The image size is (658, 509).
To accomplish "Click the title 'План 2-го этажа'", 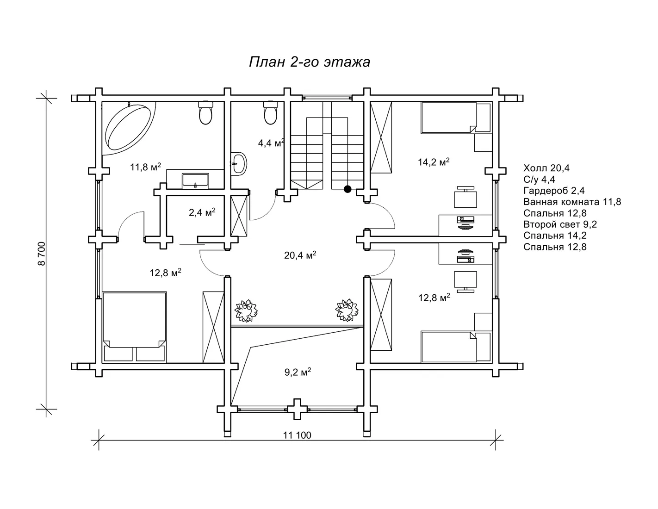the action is coord(309,62).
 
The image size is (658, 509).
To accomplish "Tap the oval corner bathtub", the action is coord(128,127).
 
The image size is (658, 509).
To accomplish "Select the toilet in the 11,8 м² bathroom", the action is coord(205,112).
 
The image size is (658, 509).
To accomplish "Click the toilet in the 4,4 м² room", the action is coord(270,112).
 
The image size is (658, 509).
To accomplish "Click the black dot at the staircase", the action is coord(348,189).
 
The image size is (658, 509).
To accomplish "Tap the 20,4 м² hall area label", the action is coord(300,255).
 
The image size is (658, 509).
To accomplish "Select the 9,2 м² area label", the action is coord(298,372).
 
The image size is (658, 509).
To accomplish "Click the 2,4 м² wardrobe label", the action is coord(202,212).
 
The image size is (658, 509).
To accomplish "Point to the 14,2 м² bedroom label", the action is coord(434,161).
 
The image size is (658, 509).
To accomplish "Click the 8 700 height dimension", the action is coord(42,254).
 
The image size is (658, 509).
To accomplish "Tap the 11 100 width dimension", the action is coord(297,435).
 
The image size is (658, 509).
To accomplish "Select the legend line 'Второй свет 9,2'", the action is coord(560,224).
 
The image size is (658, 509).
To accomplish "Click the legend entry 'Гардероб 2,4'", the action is coord(554,191).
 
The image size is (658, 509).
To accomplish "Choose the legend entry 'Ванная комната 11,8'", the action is coord(572,202).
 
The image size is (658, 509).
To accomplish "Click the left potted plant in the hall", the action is coord(246,311).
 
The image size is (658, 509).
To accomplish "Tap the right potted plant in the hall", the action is coord(347,310).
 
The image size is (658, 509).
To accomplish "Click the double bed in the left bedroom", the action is coord(135,327).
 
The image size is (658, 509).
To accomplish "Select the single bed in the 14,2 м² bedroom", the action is coord(456,118).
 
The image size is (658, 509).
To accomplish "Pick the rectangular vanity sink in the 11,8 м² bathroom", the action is coord(195,181).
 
